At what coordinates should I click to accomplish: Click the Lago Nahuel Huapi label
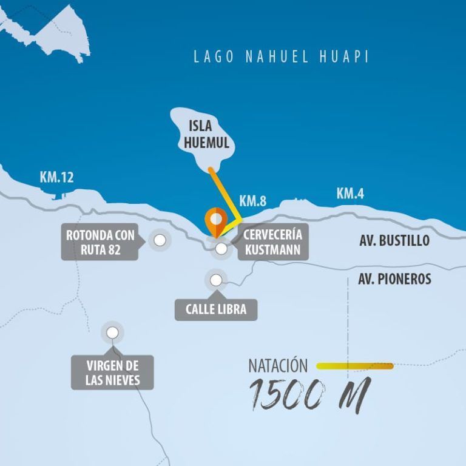[281, 57]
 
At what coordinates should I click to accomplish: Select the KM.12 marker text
[56, 177]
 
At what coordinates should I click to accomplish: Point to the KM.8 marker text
[253, 201]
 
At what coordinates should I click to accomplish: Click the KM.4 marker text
[350, 194]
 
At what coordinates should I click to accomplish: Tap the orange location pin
[215, 222]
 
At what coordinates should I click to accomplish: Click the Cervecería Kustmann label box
[272, 242]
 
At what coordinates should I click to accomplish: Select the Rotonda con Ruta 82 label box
[100, 242]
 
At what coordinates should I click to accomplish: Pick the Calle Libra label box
[215, 309]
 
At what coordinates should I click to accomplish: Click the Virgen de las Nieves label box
[112, 373]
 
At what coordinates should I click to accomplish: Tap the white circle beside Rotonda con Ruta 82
[160, 240]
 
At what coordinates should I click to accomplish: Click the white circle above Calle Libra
[216, 280]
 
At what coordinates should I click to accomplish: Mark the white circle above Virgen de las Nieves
[112, 333]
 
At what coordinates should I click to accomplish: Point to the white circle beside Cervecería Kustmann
[221, 248]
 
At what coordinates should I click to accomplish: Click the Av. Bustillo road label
[394, 240]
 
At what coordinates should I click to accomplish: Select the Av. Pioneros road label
[394, 279]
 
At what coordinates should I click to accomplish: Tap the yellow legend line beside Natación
[355, 366]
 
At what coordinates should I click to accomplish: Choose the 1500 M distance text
[308, 394]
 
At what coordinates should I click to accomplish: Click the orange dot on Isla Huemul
[210, 169]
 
